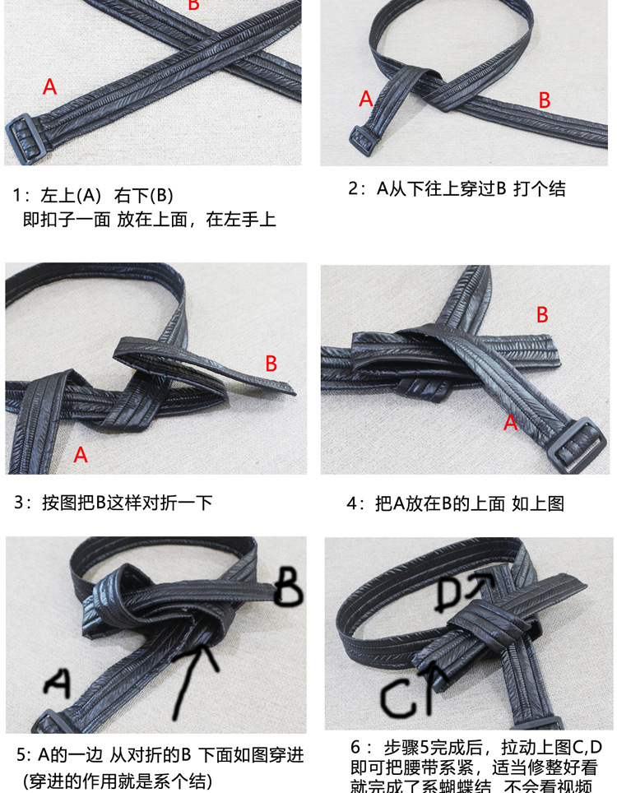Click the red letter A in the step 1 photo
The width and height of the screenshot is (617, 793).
[49, 86]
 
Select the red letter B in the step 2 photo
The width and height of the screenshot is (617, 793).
[544, 100]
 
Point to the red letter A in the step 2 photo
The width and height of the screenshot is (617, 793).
[366, 100]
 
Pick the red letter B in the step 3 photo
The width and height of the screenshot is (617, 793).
[271, 364]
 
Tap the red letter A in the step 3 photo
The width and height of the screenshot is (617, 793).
[81, 455]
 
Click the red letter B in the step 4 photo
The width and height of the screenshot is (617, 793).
[542, 315]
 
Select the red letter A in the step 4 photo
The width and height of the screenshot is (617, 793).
[510, 423]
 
